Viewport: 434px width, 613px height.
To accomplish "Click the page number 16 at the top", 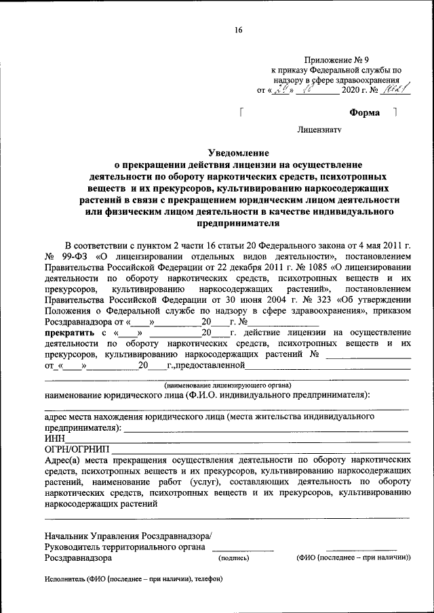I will [238, 29].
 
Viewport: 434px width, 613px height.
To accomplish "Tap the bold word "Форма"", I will [364, 112].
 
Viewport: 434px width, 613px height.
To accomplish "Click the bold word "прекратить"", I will [70, 333].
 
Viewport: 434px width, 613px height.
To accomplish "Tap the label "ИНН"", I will [54, 438].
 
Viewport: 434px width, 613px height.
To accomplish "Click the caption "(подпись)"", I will [233, 559].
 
